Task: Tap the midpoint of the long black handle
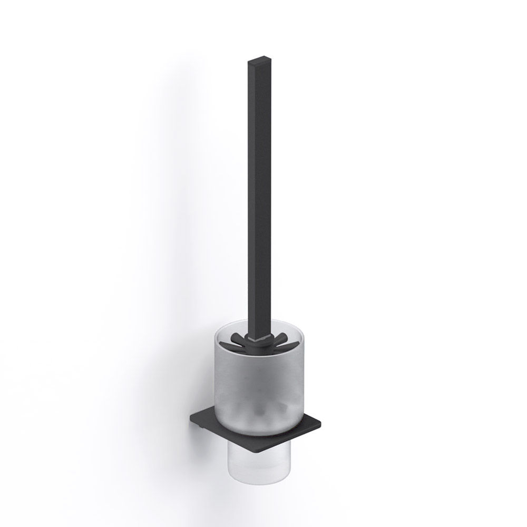258,195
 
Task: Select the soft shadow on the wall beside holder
174,263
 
